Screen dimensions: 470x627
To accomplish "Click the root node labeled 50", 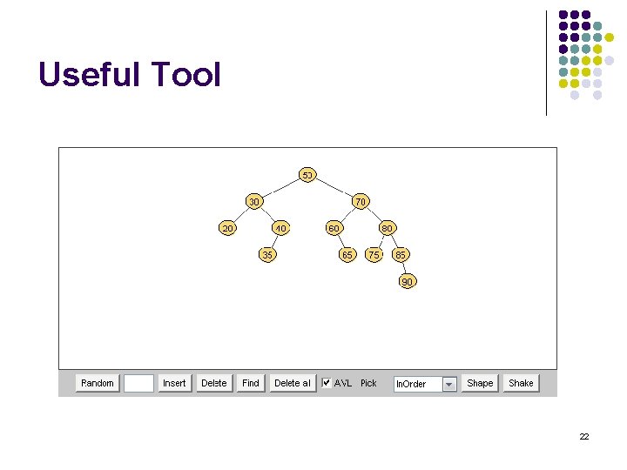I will (307, 175).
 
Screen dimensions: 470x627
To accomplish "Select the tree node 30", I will (253, 202).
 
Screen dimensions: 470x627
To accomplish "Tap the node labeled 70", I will (361, 202).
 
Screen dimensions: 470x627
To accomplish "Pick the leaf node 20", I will (227, 228).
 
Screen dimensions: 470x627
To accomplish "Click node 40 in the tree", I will (280, 228).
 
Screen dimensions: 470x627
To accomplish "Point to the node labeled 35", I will (267, 255).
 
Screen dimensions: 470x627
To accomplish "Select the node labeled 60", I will (334, 228).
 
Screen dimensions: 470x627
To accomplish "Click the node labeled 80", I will (388, 228).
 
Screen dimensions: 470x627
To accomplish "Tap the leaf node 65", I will (347, 255).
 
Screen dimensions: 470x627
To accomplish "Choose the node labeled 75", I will (374, 255).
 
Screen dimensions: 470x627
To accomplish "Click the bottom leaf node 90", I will (407, 282).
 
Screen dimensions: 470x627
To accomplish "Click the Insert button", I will (174, 383).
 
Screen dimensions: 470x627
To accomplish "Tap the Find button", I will (251, 383).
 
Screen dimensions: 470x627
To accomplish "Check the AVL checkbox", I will (327, 382).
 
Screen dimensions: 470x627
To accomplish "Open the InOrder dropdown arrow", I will (449, 384).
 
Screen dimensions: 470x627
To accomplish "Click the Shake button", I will (521, 383).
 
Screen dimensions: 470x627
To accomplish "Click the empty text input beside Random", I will (138, 383).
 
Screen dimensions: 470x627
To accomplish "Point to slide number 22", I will (584, 436).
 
